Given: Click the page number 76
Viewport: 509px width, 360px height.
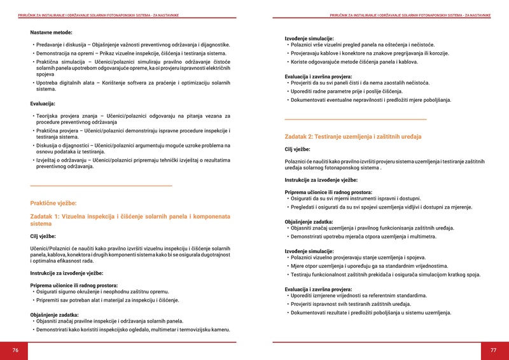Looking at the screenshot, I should click(x=15, y=350).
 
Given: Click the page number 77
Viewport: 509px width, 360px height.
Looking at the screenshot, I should click(x=492, y=350).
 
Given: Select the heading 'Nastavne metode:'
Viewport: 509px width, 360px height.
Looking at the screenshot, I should click(x=51, y=32).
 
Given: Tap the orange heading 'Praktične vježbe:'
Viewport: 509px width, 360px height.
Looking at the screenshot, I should click(x=53, y=203).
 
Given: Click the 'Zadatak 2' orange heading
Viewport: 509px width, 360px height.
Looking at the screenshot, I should click(x=352, y=137).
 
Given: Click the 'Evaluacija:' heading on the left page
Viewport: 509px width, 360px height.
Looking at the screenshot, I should click(x=43, y=103).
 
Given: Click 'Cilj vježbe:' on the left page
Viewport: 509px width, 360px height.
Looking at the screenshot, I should click(x=43, y=236).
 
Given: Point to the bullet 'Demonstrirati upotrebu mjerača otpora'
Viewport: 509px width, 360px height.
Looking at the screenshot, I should click(x=363, y=237).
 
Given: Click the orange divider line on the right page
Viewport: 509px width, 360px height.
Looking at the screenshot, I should click(x=355, y=120).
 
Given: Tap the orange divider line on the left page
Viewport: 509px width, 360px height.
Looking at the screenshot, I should click(x=101, y=186).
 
